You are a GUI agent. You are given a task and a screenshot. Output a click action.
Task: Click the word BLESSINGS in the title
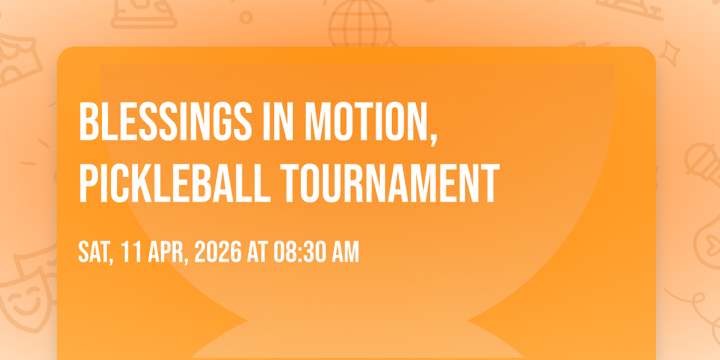pos(165,121)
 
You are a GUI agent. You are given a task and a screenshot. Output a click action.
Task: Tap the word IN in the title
pos(278,121)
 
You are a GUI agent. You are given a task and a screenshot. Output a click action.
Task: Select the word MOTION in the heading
pos(367,121)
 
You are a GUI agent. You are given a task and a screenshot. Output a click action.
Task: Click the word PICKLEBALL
pos(175,183)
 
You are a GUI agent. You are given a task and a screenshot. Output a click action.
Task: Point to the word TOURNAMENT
pos(390,183)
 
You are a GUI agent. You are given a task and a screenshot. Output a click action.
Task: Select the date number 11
pos(131,252)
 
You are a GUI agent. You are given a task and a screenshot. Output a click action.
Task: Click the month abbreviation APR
pos(166,252)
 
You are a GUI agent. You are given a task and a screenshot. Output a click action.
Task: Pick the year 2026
pos(218,252)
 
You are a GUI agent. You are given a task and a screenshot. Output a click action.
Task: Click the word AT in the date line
pos(257,252)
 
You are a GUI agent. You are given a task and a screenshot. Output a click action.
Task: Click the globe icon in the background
pos(361,24)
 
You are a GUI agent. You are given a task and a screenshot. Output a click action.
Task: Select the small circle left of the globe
pos(246,17)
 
